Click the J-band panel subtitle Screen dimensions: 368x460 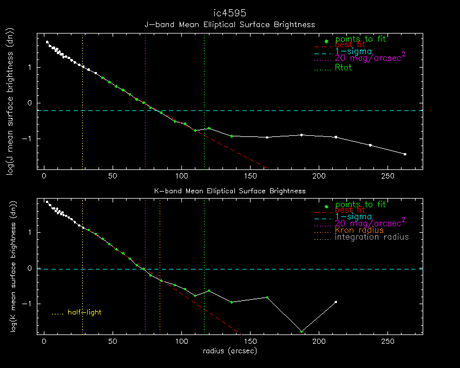coord(229,24)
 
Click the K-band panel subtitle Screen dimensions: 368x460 coord(230,190)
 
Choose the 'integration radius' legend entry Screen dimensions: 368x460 coord(372,237)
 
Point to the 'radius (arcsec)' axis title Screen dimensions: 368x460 coord(229,351)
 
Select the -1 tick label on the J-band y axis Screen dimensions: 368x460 coord(30,139)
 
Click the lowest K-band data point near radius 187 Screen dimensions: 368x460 coord(301,331)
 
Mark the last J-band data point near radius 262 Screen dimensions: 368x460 coord(405,154)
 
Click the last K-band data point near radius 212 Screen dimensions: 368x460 coord(336,302)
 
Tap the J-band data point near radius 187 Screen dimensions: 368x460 coord(301,135)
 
